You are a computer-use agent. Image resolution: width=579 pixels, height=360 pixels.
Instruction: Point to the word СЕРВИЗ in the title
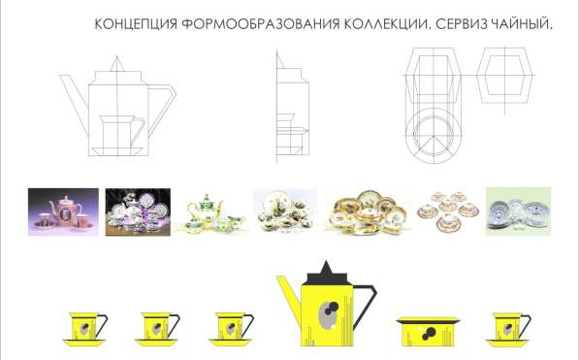click(x=462, y=23)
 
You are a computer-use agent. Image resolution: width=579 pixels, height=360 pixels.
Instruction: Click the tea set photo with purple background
click(x=63, y=211)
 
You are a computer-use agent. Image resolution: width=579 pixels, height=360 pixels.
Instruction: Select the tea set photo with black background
click(x=136, y=211)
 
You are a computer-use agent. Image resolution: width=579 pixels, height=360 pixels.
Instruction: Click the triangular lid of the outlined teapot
click(x=117, y=65)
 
